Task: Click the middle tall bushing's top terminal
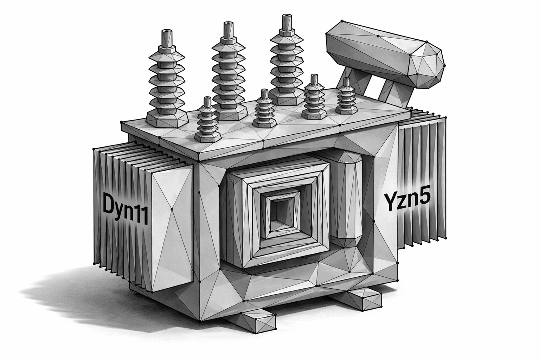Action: click(228, 27)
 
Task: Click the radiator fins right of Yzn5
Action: click(424, 183)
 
